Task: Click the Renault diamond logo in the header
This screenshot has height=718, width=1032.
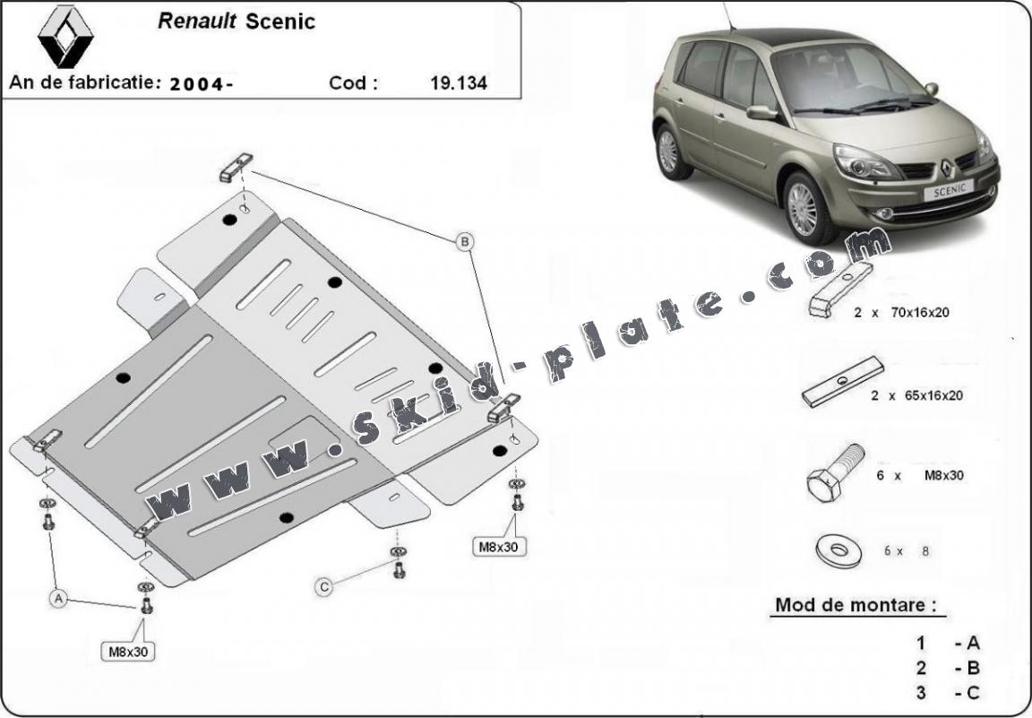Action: click(x=65, y=36)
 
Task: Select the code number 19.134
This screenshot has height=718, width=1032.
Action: click(x=459, y=83)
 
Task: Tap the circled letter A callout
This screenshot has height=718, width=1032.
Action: click(x=59, y=596)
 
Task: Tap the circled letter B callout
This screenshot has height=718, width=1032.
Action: click(x=465, y=241)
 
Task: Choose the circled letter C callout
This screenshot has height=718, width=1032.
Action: click(x=324, y=586)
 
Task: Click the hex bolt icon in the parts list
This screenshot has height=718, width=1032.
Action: click(x=834, y=472)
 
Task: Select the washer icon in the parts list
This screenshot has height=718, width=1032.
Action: click(x=838, y=550)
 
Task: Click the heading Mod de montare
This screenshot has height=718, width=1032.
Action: click(x=857, y=605)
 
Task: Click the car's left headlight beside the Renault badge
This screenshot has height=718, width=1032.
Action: click(x=865, y=162)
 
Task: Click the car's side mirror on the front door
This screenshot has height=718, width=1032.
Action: click(x=761, y=113)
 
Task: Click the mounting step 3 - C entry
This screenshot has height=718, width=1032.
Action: click(x=947, y=692)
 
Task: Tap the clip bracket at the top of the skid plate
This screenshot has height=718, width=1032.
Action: click(x=236, y=167)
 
